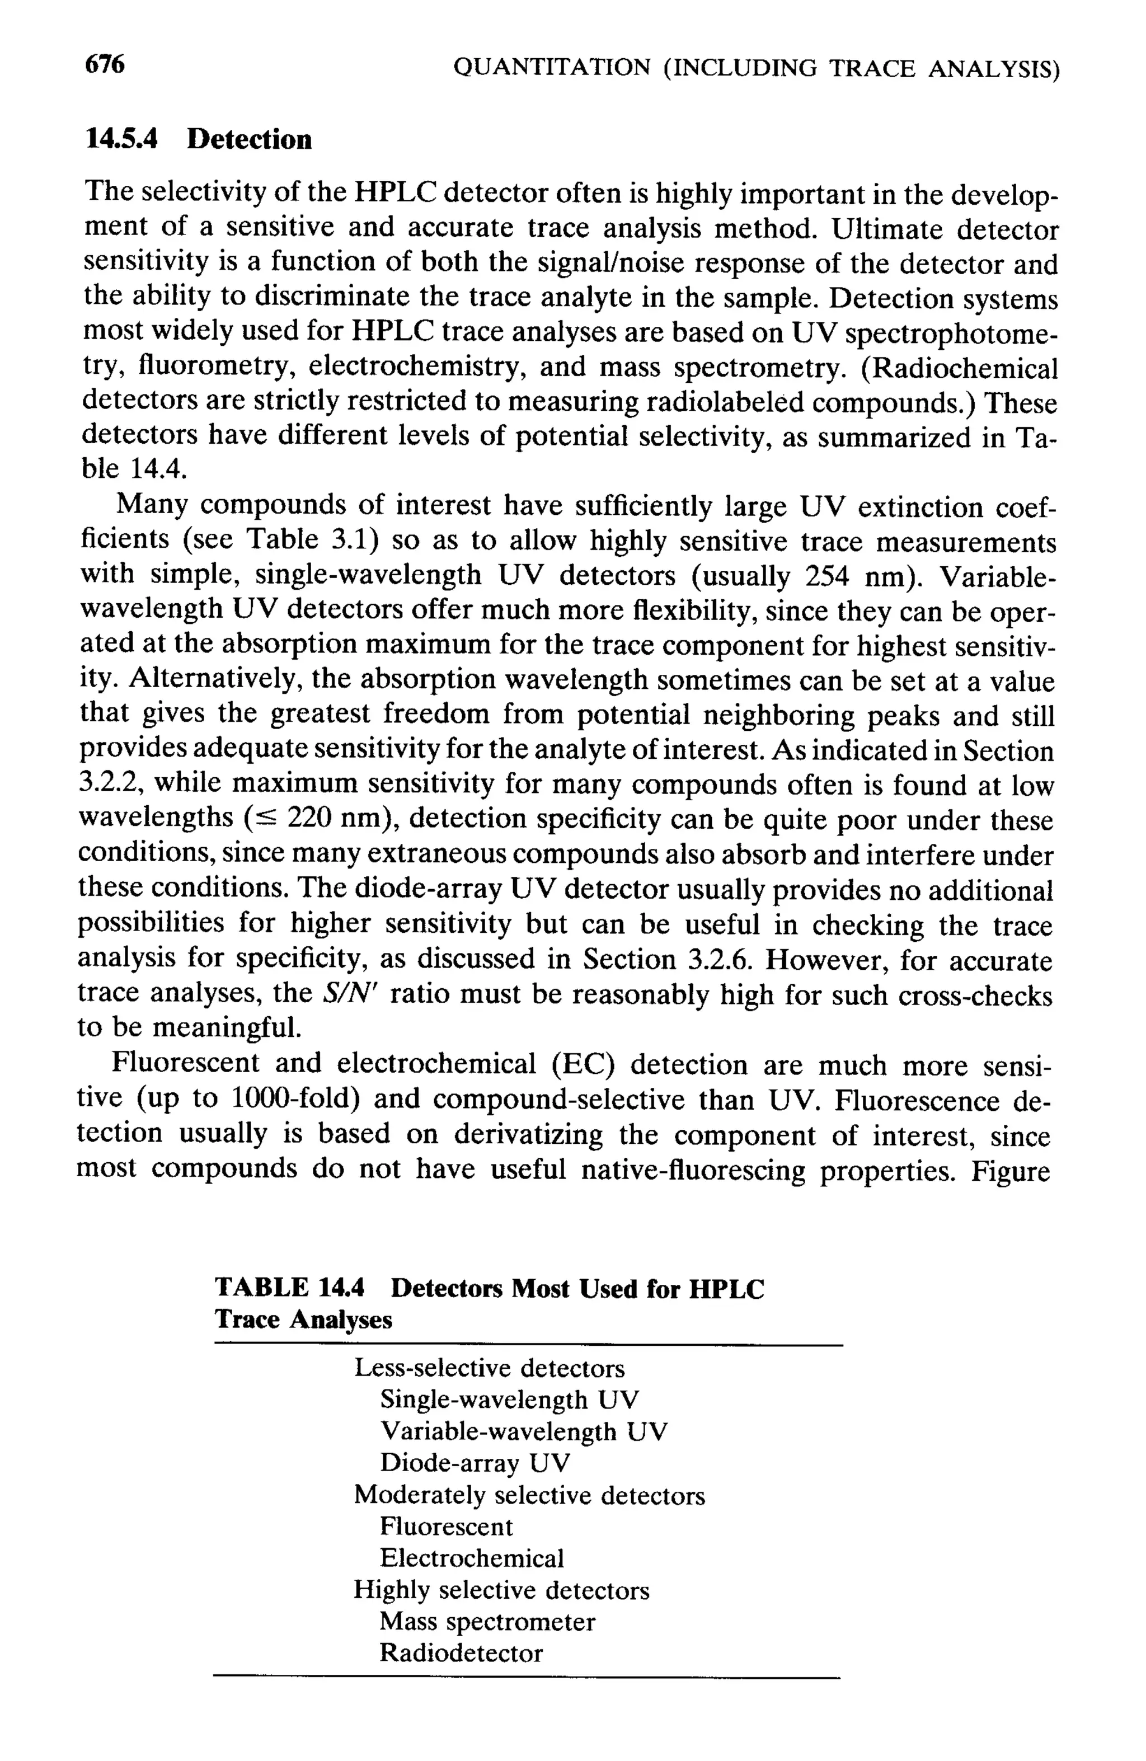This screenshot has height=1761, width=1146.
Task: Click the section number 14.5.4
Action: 121,139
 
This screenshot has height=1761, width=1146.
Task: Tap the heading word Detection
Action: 250,139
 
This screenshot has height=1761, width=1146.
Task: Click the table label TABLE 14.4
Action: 289,1288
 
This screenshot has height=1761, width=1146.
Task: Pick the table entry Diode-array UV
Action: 475,1463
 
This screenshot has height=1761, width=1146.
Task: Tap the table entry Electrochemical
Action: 471,1558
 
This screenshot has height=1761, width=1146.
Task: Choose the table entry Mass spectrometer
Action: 487,1622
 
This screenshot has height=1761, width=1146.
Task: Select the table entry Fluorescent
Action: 446,1527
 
